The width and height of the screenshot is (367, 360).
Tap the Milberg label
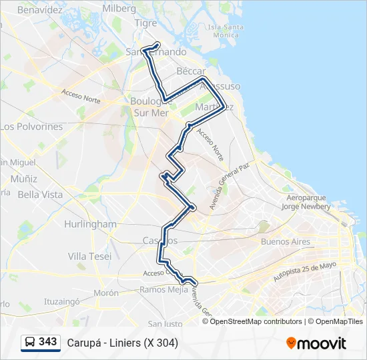[x=119, y=9]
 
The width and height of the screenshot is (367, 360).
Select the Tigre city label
[x=146, y=23]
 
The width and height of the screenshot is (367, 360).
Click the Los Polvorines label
[x=31, y=127]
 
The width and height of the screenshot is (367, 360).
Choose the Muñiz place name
[x=24, y=179]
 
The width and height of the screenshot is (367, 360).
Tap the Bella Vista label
[x=40, y=195]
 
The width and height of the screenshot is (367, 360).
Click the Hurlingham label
[x=90, y=224]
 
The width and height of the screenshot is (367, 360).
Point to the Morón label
[x=106, y=293]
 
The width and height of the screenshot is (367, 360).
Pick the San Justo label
[x=165, y=324]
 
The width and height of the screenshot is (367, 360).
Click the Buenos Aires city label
[x=286, y=241]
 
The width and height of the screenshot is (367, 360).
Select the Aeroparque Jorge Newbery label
[x=307, y=202]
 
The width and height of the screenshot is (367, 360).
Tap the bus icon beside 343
[x=30, y=343]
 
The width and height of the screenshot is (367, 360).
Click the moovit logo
[x=316, y=343]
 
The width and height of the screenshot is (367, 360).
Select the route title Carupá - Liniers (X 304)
[x=122, y=343]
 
